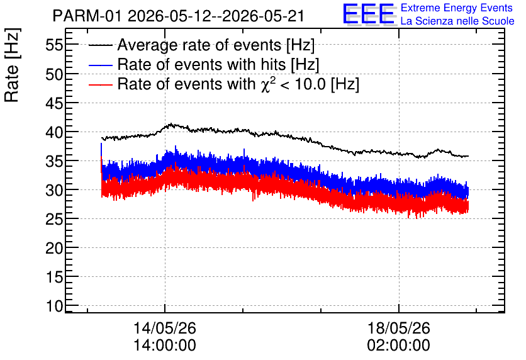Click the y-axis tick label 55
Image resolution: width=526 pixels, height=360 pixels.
pyautogui.click(x=54, y=45)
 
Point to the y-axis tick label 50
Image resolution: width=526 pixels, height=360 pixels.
pyautogui.click(x=54, y=74)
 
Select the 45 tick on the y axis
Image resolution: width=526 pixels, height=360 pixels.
pyautogui.click(x=54, y=103)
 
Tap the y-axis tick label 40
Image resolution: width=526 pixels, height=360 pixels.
pyautogui.click(x=54, y=132)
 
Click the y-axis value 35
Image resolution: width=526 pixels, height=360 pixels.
pyautogui.click(x=54, y=161)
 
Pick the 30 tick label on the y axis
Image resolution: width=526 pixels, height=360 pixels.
pyautogui.click(x=54, y=190)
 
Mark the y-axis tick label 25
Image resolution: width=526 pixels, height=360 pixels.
pyautogui.click(x=54, y=220)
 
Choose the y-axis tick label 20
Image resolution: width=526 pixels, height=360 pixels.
pyautogui.click(x=54, y=248)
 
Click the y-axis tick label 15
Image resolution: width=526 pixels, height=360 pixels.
pyautogui.click(x=54, y=277)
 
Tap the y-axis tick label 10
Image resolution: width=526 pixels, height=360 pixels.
pyautogui.click(x=54, y=306)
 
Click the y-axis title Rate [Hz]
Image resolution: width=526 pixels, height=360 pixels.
pyautogui.click(x=12, y=65)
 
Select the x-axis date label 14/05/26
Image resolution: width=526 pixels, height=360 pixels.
pyautogui.click(x=165, y=328)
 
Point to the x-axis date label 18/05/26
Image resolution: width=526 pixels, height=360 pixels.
pyautogui.click(x=398, y=328)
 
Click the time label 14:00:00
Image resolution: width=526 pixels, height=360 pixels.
pyautogui.click(x=165, y=345)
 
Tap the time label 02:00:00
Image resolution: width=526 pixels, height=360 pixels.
pyautogui.click(x=398, y=345)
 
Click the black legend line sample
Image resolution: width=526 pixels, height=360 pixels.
pyautogui.click(x=100, y=45)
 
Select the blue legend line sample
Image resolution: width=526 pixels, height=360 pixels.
pyautogui.click(x=100, y=65)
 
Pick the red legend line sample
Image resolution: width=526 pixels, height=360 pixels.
pyautogui.click(x=100, y=84)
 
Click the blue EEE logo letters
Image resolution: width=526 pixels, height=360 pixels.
pyautogui.click(x=369, y=14)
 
